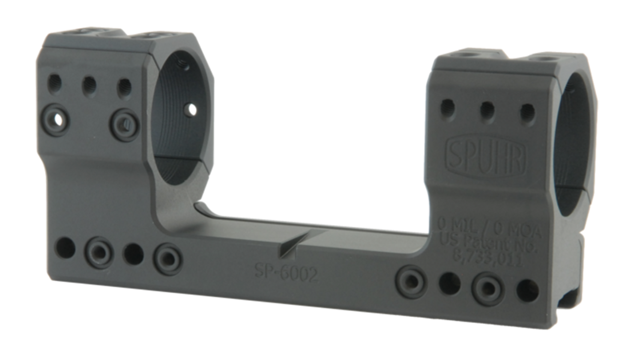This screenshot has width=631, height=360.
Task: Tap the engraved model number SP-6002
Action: (x=286, y=272)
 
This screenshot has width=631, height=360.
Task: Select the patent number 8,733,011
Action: (x=487, y=259)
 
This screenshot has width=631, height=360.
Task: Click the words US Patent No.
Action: (x=488, y=244)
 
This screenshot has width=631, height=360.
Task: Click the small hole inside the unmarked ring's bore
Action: (x=191, y=109)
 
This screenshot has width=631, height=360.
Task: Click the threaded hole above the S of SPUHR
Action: (x=448, y=107)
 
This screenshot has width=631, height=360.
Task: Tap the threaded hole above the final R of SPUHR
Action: (x=527, y=113)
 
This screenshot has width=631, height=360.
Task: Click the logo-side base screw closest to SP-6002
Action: (x=411, y=281)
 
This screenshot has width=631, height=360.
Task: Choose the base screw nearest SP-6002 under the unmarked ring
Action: (x=168, y=259)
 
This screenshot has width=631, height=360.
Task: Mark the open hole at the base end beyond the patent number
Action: (x=527, y=291)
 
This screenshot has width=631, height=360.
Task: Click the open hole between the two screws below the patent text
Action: (x=450, y=283)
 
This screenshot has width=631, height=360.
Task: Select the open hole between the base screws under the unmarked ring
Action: (x=133, y=254)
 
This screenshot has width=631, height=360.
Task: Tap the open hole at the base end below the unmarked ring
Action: (x=65, y=249)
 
